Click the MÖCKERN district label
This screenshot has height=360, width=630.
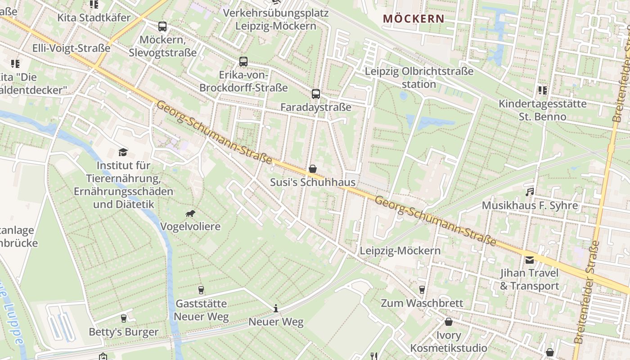tap(414, 19)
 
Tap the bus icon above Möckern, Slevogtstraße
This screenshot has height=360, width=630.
tap(162, 27)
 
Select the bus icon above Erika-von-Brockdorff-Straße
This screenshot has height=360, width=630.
tap(243, 61)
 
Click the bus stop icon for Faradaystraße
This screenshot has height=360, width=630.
tap(316, 94)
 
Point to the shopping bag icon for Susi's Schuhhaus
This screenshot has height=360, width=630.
tap(313, 169)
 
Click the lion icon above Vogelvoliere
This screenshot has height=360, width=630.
tap(190, 213)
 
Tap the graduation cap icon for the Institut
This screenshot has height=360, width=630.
tap(123, 152)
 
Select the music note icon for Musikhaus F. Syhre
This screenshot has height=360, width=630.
tap(530, 192)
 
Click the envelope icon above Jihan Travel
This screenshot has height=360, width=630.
tap(530, 260)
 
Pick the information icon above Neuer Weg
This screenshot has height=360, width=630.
tap(276, 309)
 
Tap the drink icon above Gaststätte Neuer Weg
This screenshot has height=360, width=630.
tap(201, 290)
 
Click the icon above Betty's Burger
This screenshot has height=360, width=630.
tap(123, 319)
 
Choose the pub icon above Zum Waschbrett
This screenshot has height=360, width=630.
tap(422, 289)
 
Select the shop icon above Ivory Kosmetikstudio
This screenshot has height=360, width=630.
tap(448, 322)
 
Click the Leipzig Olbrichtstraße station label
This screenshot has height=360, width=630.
tap(419, 78)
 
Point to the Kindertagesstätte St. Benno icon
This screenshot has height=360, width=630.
tap(542, 90)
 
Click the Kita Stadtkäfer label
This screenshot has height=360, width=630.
tap(94, 18)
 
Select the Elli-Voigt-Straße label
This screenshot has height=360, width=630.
tap(71, 49)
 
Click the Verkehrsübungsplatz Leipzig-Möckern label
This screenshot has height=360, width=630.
tap(276, 19)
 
